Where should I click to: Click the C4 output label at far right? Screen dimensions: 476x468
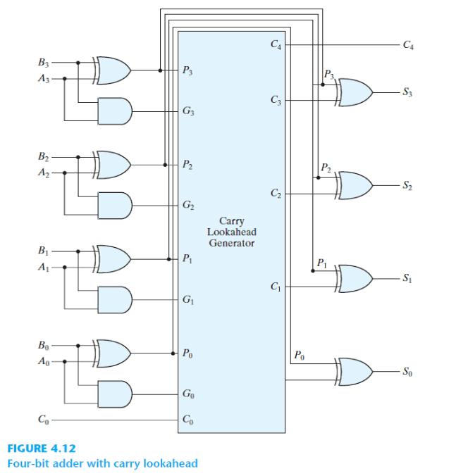pos(406,46)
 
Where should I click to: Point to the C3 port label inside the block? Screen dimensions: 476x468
pos(275,101)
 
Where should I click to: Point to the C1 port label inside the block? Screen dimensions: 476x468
pos(275,287)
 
